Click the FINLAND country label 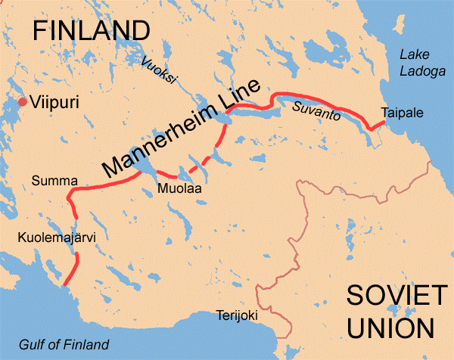pyautogui.click(x=89, y=29)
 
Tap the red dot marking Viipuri pyautogui.click(x=23, y=102)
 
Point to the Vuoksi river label pyautogui.click(x=154, y=67)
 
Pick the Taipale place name pyautogui.click(x=403, y=113)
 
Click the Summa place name pyautogui.click(x=51, y=180)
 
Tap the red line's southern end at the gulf pyautogui.click(x=67, y=284)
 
